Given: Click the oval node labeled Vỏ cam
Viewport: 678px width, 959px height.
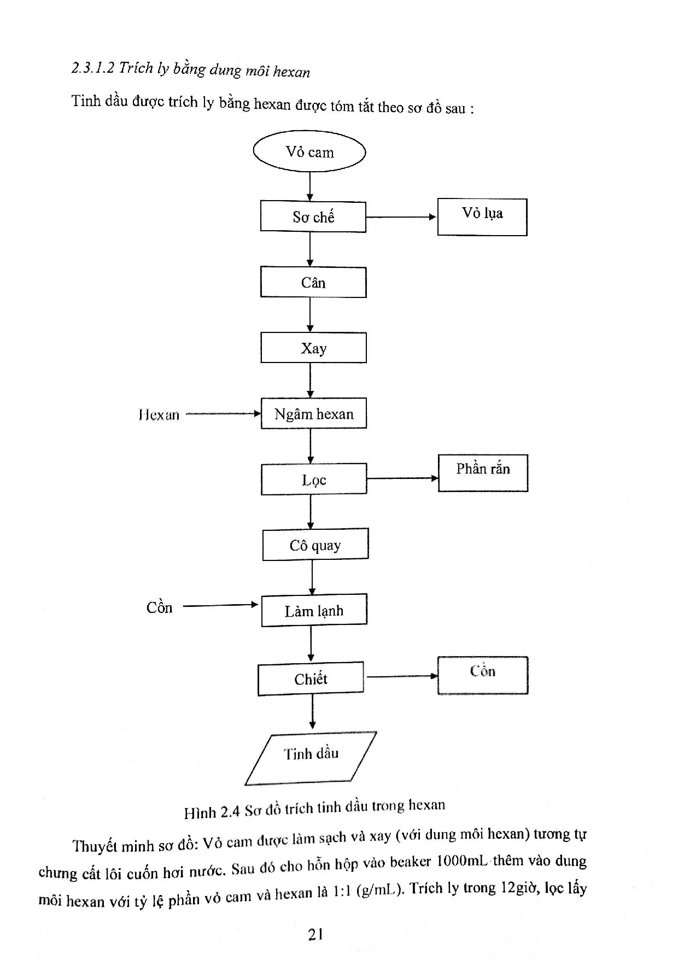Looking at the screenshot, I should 309,151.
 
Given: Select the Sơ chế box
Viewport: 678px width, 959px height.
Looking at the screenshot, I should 313,217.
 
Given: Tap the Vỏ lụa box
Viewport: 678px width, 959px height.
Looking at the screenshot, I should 482,217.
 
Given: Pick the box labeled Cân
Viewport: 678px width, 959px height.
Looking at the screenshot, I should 313,282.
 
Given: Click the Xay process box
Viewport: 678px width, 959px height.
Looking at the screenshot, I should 313,348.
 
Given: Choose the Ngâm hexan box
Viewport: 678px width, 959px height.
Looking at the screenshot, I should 313,413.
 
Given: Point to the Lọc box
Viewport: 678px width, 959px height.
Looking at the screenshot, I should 314,480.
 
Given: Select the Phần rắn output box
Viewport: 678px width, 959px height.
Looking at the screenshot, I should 483,473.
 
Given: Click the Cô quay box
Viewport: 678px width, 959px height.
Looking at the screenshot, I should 315,545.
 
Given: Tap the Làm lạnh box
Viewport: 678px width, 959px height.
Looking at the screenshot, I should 314,610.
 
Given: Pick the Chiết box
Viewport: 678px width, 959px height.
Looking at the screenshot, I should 311,679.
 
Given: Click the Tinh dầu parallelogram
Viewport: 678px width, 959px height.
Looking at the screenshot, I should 311,758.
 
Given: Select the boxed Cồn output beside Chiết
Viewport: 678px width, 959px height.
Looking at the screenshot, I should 483,675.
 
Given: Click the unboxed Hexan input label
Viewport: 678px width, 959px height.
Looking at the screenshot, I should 159,415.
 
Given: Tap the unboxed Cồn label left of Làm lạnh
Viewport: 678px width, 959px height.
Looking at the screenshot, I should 159,607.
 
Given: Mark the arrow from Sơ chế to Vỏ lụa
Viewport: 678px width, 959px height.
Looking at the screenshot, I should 401,217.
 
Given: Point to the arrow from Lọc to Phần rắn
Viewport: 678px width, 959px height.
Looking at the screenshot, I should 402,478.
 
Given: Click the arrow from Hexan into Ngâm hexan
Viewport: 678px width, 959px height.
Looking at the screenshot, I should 223,414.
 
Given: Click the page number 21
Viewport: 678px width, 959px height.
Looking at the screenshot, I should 315,934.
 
